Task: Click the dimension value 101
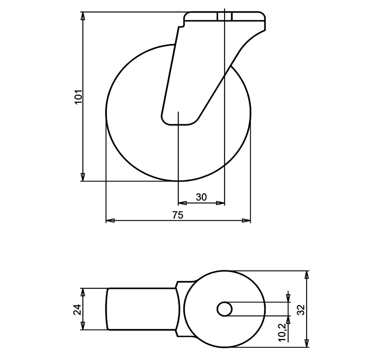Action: (x=78, y=97)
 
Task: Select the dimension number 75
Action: (x=178, y=215)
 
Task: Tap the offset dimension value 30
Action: (x=201, y=198)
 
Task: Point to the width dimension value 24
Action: (x=77, y=309)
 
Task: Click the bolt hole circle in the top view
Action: (x=224, y=309)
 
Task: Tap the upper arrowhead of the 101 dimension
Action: (x=83, y=16)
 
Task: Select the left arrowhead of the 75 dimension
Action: (x=110, y=220)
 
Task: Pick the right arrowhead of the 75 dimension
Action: (x=246, y=220)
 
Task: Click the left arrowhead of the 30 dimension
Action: (x=182, y=203)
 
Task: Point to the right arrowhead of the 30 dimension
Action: (x=221, y=203)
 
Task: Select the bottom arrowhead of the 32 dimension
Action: (x=307, y=342)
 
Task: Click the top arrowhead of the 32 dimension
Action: (x=307, y=275)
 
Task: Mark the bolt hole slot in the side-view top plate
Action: (x=224, y=17)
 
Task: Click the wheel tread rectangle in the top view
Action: (x=141, y=309)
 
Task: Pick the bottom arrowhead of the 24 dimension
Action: (x=83, y=326)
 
